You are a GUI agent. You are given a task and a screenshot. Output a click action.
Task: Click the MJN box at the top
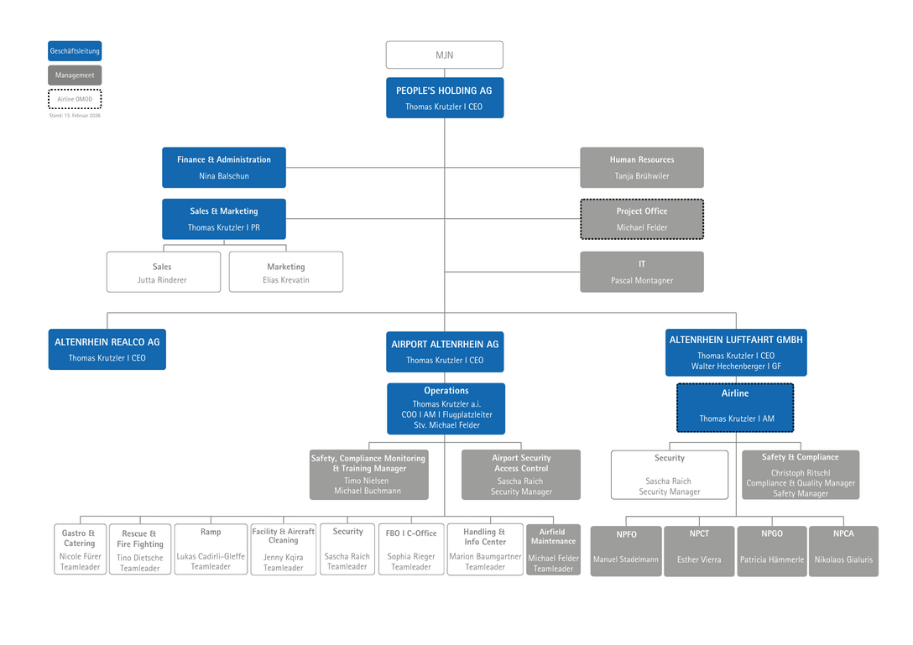click(x=444, y=55)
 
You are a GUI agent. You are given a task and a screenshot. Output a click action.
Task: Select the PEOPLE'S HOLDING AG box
click(x=444, y=97)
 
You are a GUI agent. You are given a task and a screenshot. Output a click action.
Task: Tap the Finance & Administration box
click(x=223, y=168)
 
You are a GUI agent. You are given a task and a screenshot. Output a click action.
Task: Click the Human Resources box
click(x=641, y=168)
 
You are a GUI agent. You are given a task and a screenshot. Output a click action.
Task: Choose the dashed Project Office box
click(x=641, y=219)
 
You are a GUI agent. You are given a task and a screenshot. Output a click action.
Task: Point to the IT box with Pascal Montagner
click(x=641, y=272)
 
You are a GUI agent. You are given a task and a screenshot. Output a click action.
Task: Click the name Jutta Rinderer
click(x=162, y=280)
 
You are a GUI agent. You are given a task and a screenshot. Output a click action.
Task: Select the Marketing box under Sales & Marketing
click(x=285, y=272)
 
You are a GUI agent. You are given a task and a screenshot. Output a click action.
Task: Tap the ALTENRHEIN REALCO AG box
click(x=107, y=349)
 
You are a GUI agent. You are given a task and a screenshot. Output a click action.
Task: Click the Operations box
click(x=446, y=408)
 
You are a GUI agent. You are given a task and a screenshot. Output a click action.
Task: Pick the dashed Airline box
click(x=735, y=408)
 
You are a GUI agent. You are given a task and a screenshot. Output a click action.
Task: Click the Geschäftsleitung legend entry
click(x=75, y=51)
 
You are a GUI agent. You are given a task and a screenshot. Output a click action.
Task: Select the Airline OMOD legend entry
click(x=75, y=99)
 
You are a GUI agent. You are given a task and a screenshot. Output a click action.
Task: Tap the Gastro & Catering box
click(x=80, y=549)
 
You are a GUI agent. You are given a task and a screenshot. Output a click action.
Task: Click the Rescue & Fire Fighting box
click(x=139, y=550)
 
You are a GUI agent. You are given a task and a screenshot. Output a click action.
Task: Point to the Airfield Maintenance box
click(x=553, y=549)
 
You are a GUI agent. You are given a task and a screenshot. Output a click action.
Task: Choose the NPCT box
click(x=699, y=551)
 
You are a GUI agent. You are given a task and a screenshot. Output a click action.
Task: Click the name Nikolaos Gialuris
click(x=843, y=559)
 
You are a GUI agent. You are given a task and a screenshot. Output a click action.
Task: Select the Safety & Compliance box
click(x=800, y=475)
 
